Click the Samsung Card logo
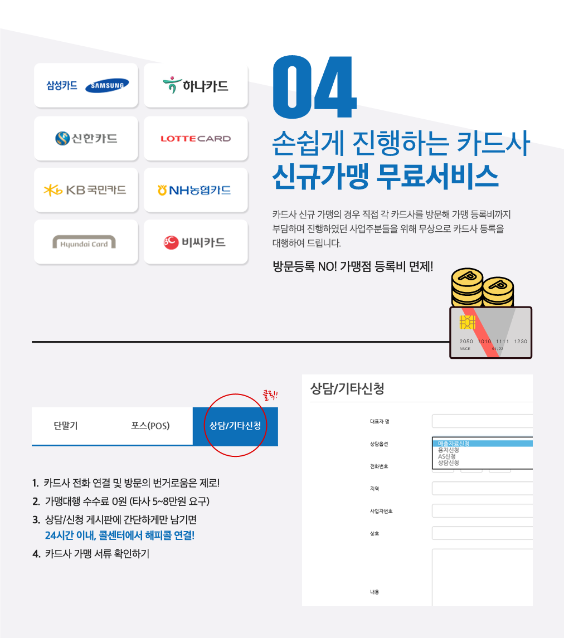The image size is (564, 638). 87,85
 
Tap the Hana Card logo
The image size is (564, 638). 196,85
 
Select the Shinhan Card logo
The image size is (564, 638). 86,138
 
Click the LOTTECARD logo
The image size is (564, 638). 196,139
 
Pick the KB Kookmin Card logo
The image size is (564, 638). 85,190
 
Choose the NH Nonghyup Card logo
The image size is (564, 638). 194,190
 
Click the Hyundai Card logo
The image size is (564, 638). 84,242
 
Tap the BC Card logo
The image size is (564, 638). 195,242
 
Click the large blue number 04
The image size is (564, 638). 314,87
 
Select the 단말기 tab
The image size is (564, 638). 66,426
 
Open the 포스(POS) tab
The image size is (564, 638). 150,426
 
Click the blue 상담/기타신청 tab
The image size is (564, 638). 235,426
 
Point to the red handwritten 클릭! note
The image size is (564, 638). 270,395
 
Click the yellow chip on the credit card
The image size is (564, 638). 467,322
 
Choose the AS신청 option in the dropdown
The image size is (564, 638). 447,456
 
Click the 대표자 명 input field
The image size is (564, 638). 482,421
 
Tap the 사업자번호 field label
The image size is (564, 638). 381,511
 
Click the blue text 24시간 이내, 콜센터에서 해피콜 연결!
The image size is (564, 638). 120,535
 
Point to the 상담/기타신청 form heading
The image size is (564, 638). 347,388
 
